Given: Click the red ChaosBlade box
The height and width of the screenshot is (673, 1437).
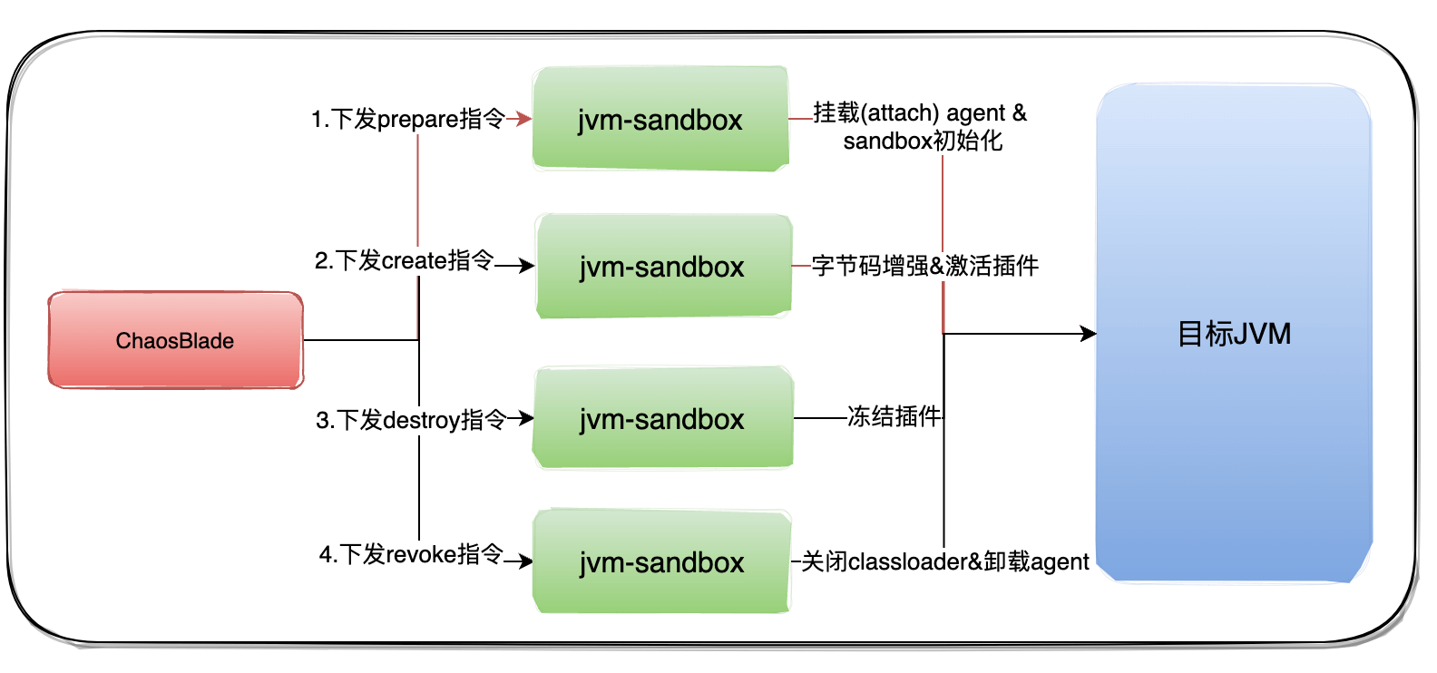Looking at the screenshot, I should pyautogui.click(x=175, y=340).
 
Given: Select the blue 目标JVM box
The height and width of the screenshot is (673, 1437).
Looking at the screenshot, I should pyautogui.click(x=1234, y=334).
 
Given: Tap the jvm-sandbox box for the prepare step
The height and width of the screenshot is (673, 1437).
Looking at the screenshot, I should pyautogui.click(x=660, y=119).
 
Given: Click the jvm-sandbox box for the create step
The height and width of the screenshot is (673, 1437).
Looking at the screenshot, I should pyautogui.click(x=662, y=267).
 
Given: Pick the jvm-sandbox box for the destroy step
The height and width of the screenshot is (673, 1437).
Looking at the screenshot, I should pyautogui.click(x=662, y=419).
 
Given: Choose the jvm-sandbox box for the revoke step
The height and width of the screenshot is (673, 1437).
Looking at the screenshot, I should pyautogui.click(x=662, y=562).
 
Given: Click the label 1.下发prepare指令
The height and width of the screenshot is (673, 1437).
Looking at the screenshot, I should pyautogui.click(x=407, y=119).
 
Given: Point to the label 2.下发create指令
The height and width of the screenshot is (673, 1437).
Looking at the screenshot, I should pyautogui.click(x=404, y=261).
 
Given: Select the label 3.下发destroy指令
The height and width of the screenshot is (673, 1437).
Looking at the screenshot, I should pyautogui.click(x=410, y=420).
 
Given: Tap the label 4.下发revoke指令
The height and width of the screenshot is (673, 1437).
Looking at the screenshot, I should pyautogui.click(x=410, y=554).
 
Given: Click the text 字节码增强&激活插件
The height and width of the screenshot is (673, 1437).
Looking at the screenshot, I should pyautogui.click(x=924, y=266).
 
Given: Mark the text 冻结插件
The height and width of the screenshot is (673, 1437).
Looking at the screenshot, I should pyautogui.click(x=894, y=416).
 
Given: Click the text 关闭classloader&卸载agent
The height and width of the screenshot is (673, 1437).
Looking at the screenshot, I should pyautogui.click(x=944, y=562).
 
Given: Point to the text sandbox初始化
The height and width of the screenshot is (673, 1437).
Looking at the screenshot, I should pyautogui.click(x=923, y=141).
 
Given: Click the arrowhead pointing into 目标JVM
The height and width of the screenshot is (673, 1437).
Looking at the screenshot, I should pyautogui.click(x=1089, y=334).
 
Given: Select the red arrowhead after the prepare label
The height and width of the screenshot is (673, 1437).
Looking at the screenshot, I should pyautogui.click(x=523, y=119).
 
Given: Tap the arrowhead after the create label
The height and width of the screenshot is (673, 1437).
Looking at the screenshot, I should pyautogui.click(x=527, y=266).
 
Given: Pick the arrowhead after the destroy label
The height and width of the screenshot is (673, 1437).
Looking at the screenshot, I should pyautogui.click(x=526, y=418).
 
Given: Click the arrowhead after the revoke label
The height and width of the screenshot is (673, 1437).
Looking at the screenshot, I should pyautogui.click(x=525, y=561).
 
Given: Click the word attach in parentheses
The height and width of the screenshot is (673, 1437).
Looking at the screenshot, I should pyautogui.click(x=899, y=112).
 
